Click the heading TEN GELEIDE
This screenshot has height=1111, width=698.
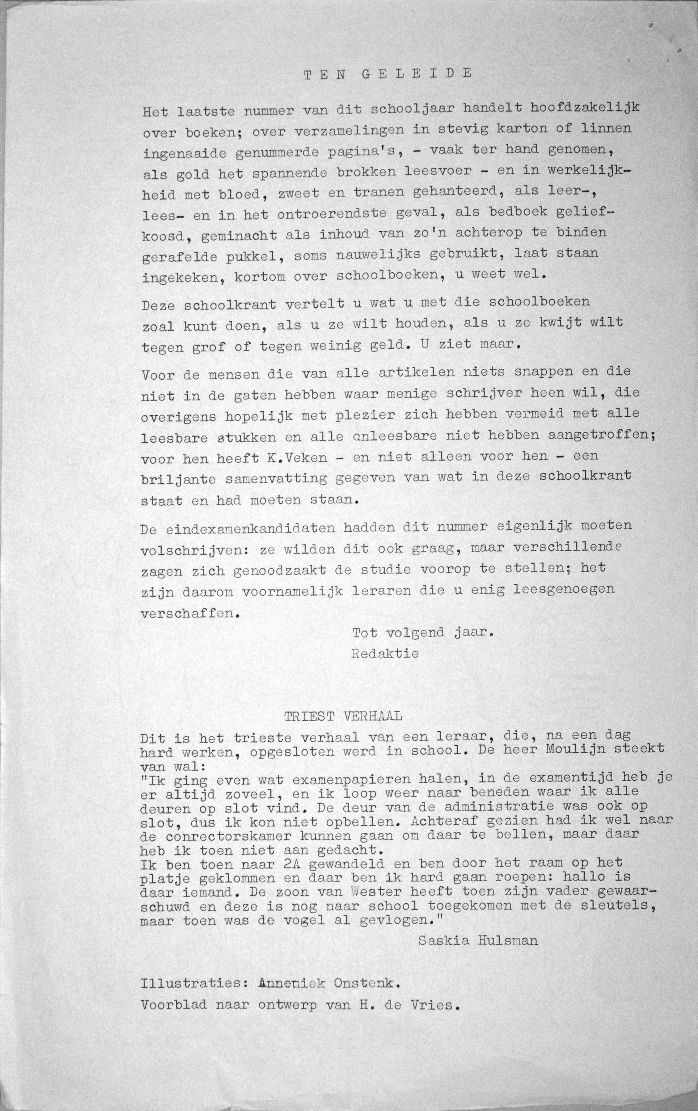(388, 74)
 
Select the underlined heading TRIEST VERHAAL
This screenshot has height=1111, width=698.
(343, 716)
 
